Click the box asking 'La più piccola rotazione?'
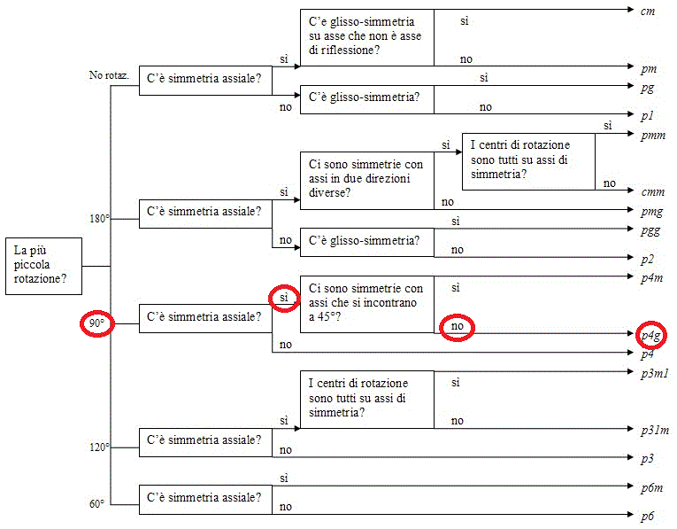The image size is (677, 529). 43,266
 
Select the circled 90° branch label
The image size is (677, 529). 96,323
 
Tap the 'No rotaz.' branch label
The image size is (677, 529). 109,75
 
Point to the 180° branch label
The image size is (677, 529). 99,219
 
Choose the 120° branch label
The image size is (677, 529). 99,447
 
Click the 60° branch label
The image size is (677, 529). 96,504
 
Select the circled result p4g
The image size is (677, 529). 651,336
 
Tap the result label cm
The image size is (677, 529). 648,12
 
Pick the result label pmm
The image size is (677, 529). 653,136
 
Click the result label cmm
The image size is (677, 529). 653,192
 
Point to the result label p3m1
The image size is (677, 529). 655,374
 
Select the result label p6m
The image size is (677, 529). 651,488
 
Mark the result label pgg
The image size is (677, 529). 650,231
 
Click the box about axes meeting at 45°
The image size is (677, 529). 367,304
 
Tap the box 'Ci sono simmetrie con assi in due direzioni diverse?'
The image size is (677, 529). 367,181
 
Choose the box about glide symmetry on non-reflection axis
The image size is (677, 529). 367,37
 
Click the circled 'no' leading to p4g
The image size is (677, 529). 457,326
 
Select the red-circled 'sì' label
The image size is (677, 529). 283,298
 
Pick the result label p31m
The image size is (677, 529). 655,431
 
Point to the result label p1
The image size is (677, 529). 647,116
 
